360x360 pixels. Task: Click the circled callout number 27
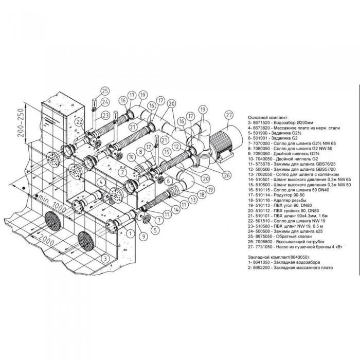click(x=229, y=115)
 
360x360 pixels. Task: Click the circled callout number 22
click(x=79, y=122)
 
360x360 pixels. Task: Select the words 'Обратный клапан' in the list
click(x=292, y=235)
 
